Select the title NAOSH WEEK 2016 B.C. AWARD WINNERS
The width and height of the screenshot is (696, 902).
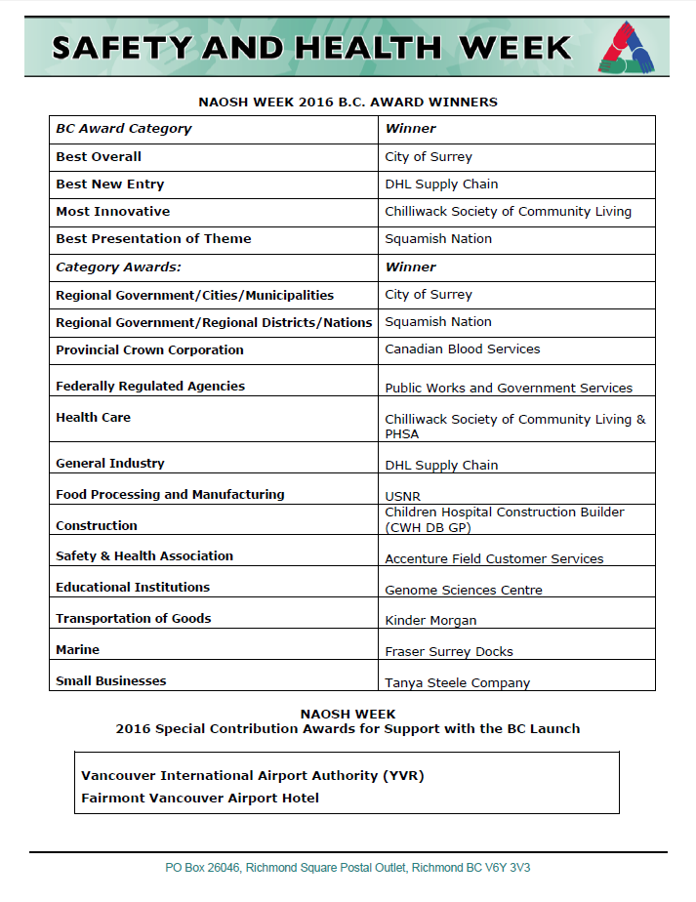(348, 102)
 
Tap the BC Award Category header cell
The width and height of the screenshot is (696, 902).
(124, 129)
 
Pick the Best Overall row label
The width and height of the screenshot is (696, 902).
(99, 157)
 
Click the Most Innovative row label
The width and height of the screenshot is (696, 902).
(113, 212)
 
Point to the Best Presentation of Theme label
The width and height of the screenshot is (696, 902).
(153, 239)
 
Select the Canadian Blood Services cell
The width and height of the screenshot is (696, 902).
(463, 349)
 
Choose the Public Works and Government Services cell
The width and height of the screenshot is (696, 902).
(509, 388)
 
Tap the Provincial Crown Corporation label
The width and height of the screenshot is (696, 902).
(149, 350)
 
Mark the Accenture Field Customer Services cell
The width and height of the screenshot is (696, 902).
(494, 559)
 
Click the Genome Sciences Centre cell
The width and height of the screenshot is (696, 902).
(464, 591)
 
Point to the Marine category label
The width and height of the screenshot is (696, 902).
(78, 650)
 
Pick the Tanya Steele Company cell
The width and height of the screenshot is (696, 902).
(458, 683)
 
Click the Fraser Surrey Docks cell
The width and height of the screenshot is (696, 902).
(449, 652)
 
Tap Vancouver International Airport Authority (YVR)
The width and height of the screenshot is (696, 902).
(253, 776)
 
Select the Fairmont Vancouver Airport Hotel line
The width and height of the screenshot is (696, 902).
(200, 799)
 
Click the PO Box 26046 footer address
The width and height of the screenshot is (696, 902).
(348, 868)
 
